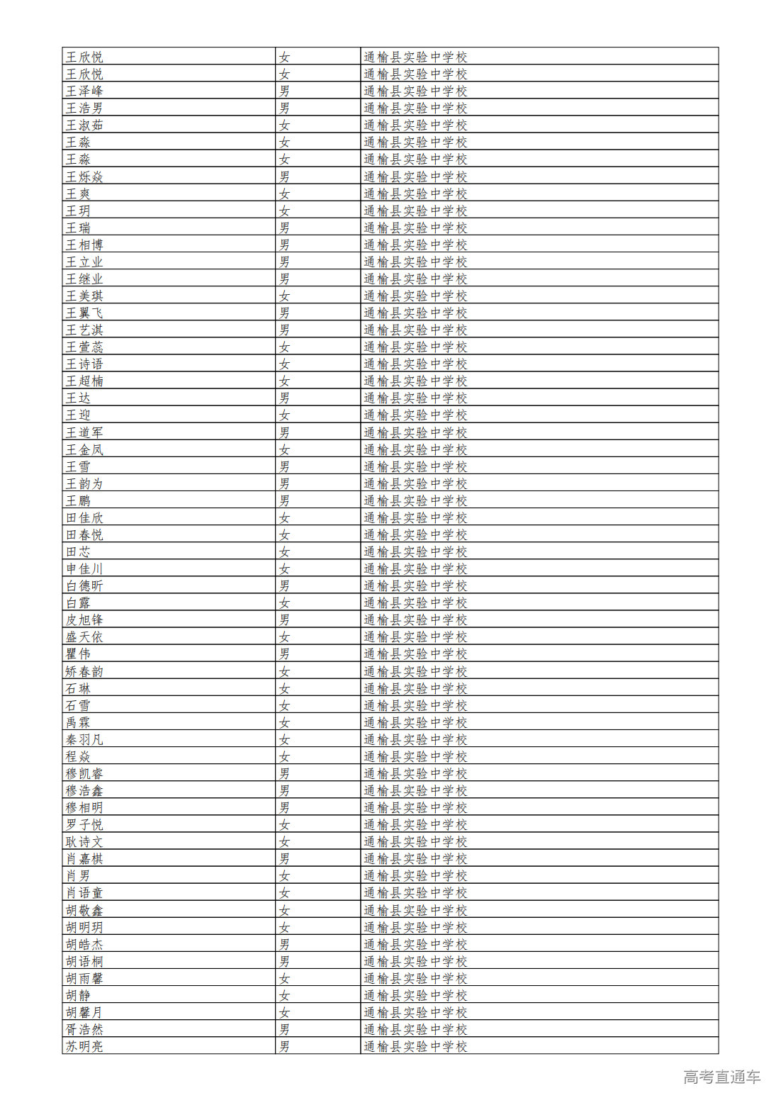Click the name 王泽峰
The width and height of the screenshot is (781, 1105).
pyautogui.click(x=84, y=91)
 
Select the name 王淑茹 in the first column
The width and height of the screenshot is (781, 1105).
pyautogui.click(x=84, y=125)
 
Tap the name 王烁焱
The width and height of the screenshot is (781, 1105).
pyautogui.click(x=84, y=176)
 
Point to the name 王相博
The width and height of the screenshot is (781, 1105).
pyautogui.click(x=84, y=245)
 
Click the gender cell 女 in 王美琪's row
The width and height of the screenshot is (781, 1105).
pyautogui.click(x=284, y=296)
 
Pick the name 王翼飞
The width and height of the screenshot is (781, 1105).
pyautogui.click(x=84, y=313)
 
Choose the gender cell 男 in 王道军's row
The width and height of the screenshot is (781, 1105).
pyautogui.click(x=284, y=432)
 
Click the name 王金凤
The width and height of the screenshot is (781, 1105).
pyautogui.click(x=84, y=449)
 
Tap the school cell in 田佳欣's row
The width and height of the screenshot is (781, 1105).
pyautogui.click(x=415, y=517)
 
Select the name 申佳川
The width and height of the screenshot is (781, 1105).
pyautogui.click(x=84, y=568)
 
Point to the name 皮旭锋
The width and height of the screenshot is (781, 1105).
pyautogui.click(x=84, y=619)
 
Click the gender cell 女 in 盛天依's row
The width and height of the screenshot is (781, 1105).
pyautogui.click(x=284, y=636)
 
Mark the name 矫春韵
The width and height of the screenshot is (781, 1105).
pyautogui.click(x=84, y=671)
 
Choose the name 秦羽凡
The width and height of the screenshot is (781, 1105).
pyautogui.click(x=84, y=739)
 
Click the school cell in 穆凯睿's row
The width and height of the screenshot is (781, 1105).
pyautogui.click(x=415, y=773)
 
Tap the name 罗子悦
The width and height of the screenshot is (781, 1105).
pyautogui.click(x=84, y=824)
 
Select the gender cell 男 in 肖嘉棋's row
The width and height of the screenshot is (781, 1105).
pyautogui.click(x=284, y=858)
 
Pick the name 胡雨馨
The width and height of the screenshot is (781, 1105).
pyautogui.click(x=84, y=978)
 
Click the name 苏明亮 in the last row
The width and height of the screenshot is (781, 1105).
pyautogui.click(x=84, y=1046)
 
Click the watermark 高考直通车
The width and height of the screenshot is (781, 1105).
pyautogui.click(x=721, y=1077)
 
